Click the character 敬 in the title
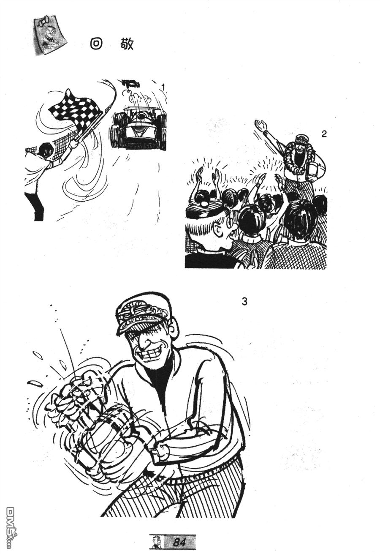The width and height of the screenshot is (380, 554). pyautogui.click(x=127, y=44)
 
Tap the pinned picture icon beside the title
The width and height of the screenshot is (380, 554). pyautogui.click(x=50, y=35)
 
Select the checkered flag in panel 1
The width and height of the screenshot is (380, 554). pyautogui.click(x=76, y=110)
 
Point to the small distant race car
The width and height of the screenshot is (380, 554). pyautogui.click(x=130, y=83)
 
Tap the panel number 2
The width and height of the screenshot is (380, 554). pyautogui.click(x=324, y=134)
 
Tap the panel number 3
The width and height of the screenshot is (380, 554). pyautogui.click(x=244, y=301)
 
